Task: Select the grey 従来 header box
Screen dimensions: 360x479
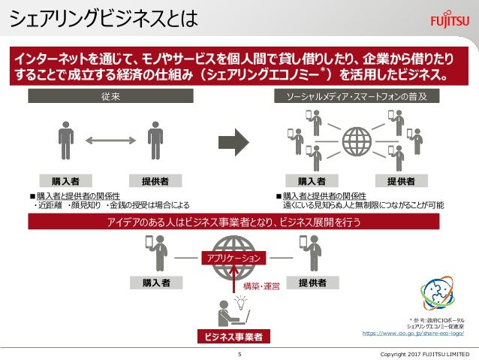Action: [111, 97]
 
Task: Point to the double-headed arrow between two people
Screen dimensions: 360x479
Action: [110, 140]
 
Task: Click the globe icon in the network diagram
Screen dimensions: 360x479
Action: [357, 141]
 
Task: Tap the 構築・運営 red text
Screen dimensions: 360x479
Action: [261, 286]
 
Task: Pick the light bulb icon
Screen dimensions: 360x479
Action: [241, 303]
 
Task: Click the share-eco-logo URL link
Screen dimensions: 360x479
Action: [417, 331]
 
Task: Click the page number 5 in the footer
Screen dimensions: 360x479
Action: [239, 353]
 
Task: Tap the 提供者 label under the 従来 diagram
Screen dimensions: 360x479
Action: [155, 181]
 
